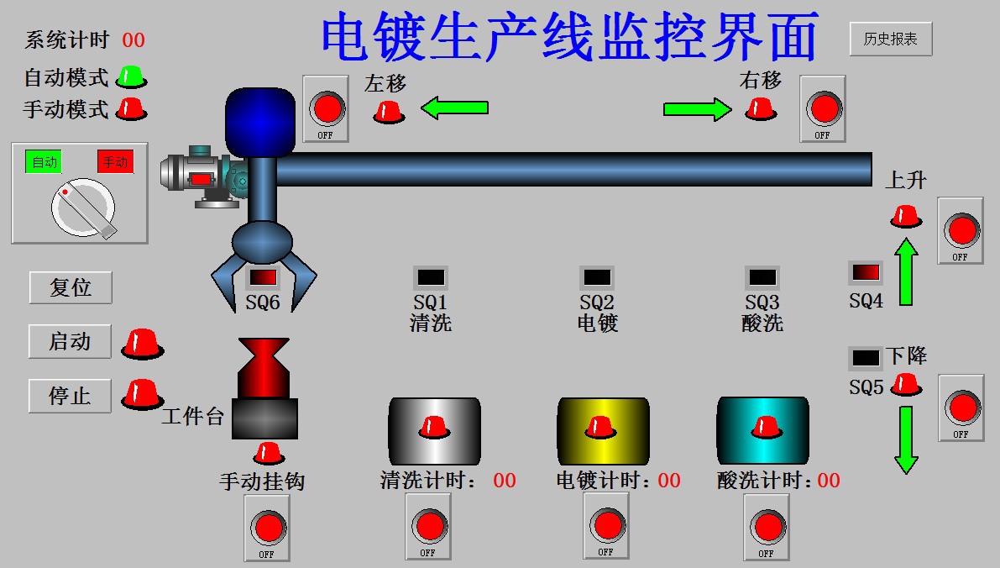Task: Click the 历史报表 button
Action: point(890,39)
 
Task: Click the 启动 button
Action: point(70,342)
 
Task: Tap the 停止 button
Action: point(70,396)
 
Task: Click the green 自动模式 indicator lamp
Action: point(131,77)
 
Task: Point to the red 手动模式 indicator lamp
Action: point(131,108)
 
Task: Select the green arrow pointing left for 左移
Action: point(454,108)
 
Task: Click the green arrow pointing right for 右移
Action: point(698,108)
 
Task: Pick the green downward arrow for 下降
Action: point(906,439)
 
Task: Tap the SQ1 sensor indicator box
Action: point(431,276)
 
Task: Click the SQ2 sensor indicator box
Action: point(597,276)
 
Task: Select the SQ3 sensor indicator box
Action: point(762,276)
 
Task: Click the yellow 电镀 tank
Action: point(604,430)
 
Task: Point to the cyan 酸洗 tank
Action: point(762,430)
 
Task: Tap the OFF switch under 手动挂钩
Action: point(267,528)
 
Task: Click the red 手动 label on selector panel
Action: point(115,162)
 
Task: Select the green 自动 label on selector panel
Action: point(44,162)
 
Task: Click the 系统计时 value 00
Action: point(134,40)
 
